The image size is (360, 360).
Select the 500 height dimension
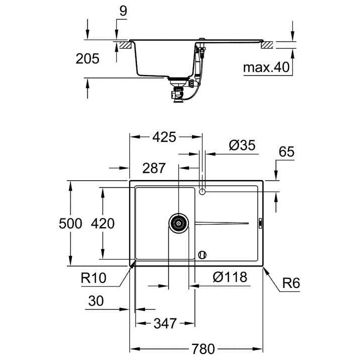[x=70, y=223]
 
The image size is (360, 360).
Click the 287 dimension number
[x=153, y=168]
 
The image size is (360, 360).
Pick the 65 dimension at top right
[x=287, y=152]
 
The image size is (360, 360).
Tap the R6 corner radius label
[x=290, y=283]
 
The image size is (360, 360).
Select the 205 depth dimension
[x=87, y=59]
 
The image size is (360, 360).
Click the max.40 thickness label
[x=266, y=67]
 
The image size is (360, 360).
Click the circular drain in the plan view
[x=178, y=222]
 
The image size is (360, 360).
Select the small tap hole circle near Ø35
[x=202, y=191]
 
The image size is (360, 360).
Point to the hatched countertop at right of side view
[x=268, y=44]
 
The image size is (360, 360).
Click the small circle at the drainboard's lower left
[x=202, y=253]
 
